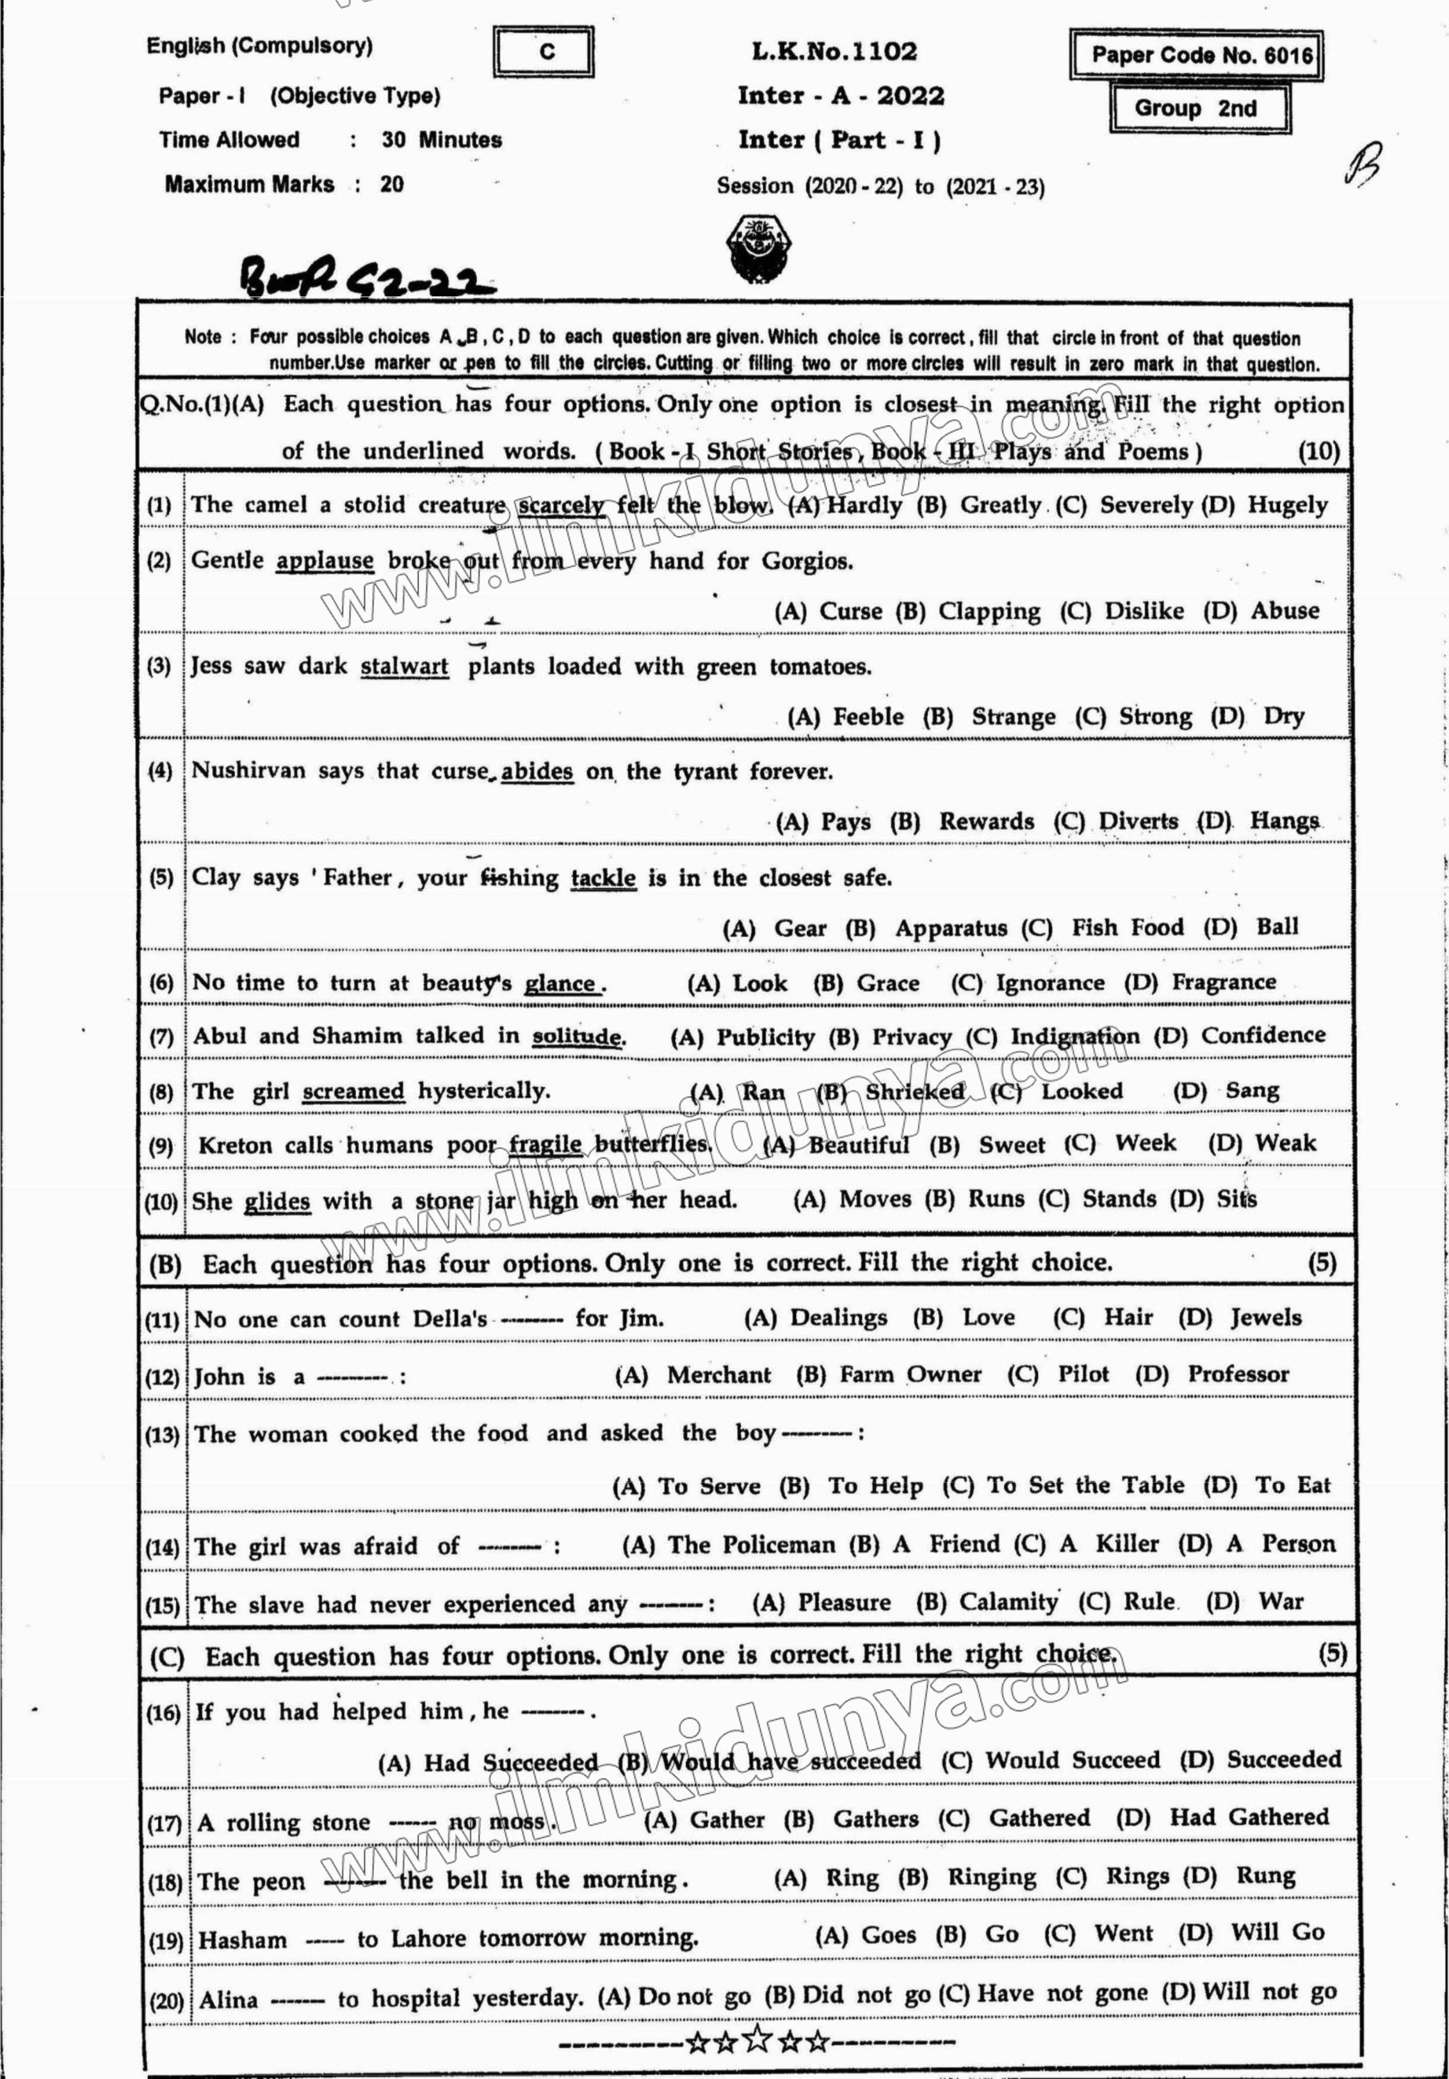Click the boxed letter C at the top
point(545,52)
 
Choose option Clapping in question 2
point(989,611)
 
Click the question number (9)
point(160,1147)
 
